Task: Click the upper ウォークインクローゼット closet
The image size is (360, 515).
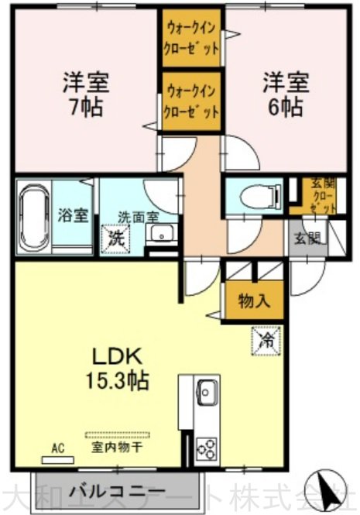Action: (x=191, y=37)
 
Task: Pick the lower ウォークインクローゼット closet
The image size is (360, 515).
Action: (x=191, y=100)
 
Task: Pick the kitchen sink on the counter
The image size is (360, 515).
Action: (x=207, y=391)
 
